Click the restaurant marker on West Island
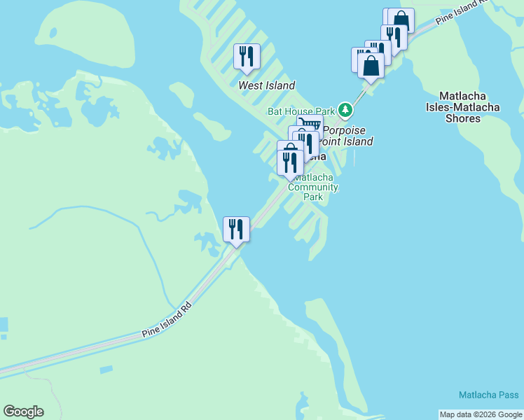click(x=247, y=56)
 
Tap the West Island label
click(x=266, y=85)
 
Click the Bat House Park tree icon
click(x=345, y=110)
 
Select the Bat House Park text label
click(x=301, y=111)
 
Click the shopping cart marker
click(x=310, y=126)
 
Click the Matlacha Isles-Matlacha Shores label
click(x=463, y=107)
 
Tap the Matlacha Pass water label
click(x=489, y=395)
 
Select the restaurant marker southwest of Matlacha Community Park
click(x=236, y=229)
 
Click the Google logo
click(x=23, y=412)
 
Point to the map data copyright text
click(x=481, y=414)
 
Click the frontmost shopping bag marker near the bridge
click(x=371, y=66)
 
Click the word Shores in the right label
click(x=463, y=118)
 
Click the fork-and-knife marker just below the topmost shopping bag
click(x=393, y=36)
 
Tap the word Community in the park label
click(x=313, y=188)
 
